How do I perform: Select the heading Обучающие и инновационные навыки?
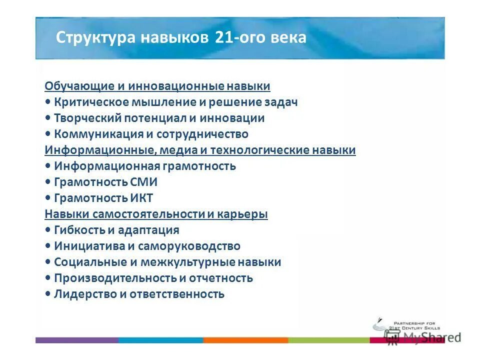157,86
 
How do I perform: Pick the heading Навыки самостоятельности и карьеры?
156,214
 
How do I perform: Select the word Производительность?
114,278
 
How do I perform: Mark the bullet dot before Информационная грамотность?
47,166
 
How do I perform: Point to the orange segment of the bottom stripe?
245,340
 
